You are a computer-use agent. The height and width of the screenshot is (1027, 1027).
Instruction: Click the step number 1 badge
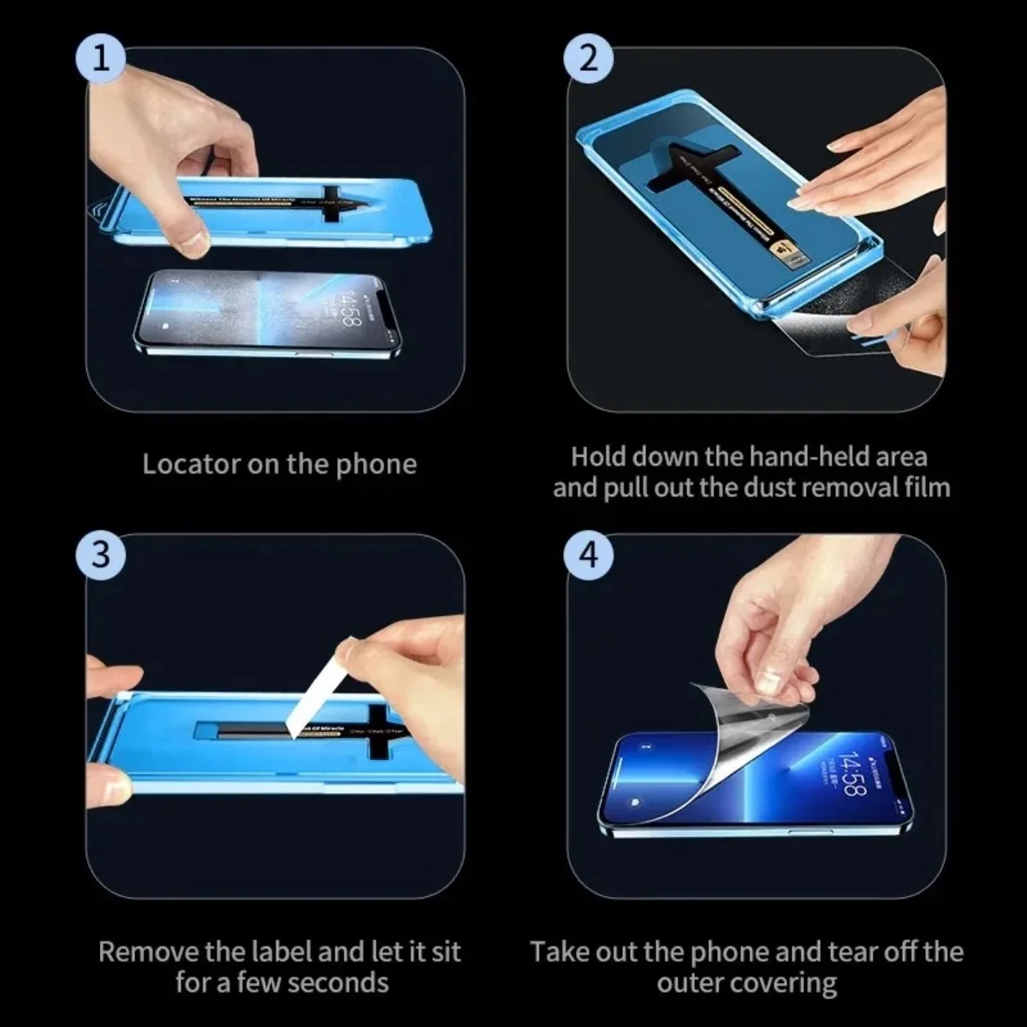[102, 58]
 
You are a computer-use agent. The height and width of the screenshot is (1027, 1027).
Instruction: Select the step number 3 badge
[102, 554]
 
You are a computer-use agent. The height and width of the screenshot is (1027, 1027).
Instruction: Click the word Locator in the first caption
[190, 464]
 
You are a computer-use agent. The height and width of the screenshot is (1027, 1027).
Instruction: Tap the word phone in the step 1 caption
[376, 464]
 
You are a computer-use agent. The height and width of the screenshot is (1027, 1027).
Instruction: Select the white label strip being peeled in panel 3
[314, 693]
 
